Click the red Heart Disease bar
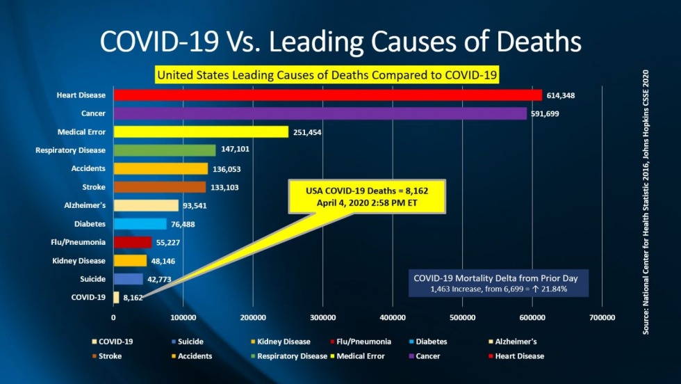click(x=327, y=95)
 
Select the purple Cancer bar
click(x=320, y=113)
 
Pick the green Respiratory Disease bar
click(x=164, y=150)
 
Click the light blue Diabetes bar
click(x=140, y=224)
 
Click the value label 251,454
click(x=311, y=132)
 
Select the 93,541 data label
click(x=195, y=206)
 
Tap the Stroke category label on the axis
click(x=94, y=187)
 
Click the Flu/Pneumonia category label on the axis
click(x=81, y=243)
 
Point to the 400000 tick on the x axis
click(x=393, y=318)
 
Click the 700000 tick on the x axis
click(x=602, y=318)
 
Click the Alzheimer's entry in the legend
click(x=515, y=342)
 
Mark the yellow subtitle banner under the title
click(x=328, y=74)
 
